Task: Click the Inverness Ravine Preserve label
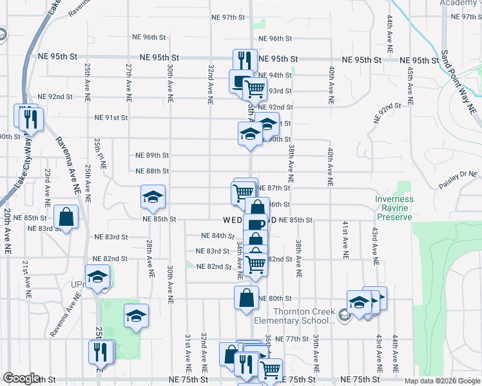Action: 394,208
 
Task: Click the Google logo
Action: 21,378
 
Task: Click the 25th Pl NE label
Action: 99,153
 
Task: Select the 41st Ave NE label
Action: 346,239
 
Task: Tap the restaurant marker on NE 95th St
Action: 245,60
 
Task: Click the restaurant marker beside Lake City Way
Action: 31,118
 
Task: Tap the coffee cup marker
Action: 255,225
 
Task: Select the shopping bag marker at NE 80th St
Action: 246,298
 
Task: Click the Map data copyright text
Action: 441,381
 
